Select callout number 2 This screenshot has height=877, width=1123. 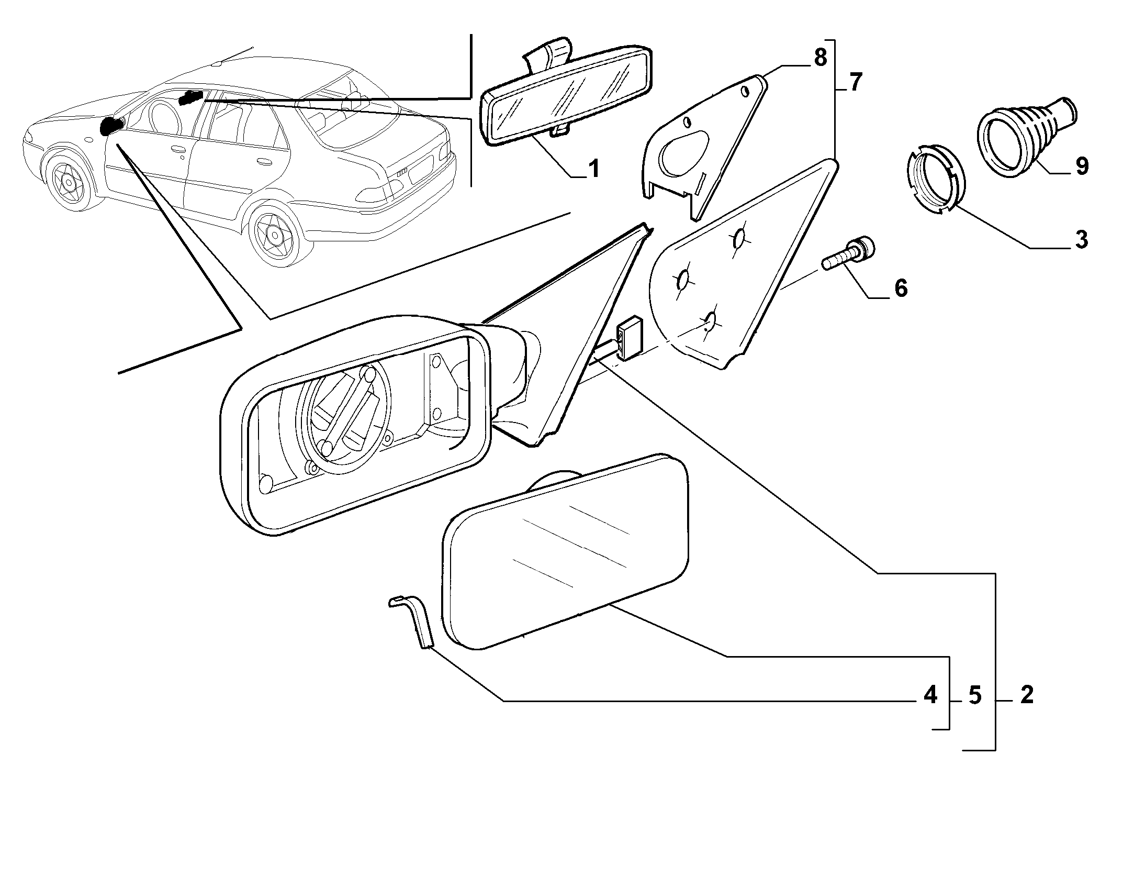point(1027,695)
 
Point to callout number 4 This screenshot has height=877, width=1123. point(929,695)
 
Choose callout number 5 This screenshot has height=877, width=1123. point(974,695)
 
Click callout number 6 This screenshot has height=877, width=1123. point(901,288)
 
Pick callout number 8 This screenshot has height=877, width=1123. point(820,58)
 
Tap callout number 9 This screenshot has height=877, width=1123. point(1081,166)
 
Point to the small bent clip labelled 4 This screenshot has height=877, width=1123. point(413,621)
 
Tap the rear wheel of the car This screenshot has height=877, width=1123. point(274,234)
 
